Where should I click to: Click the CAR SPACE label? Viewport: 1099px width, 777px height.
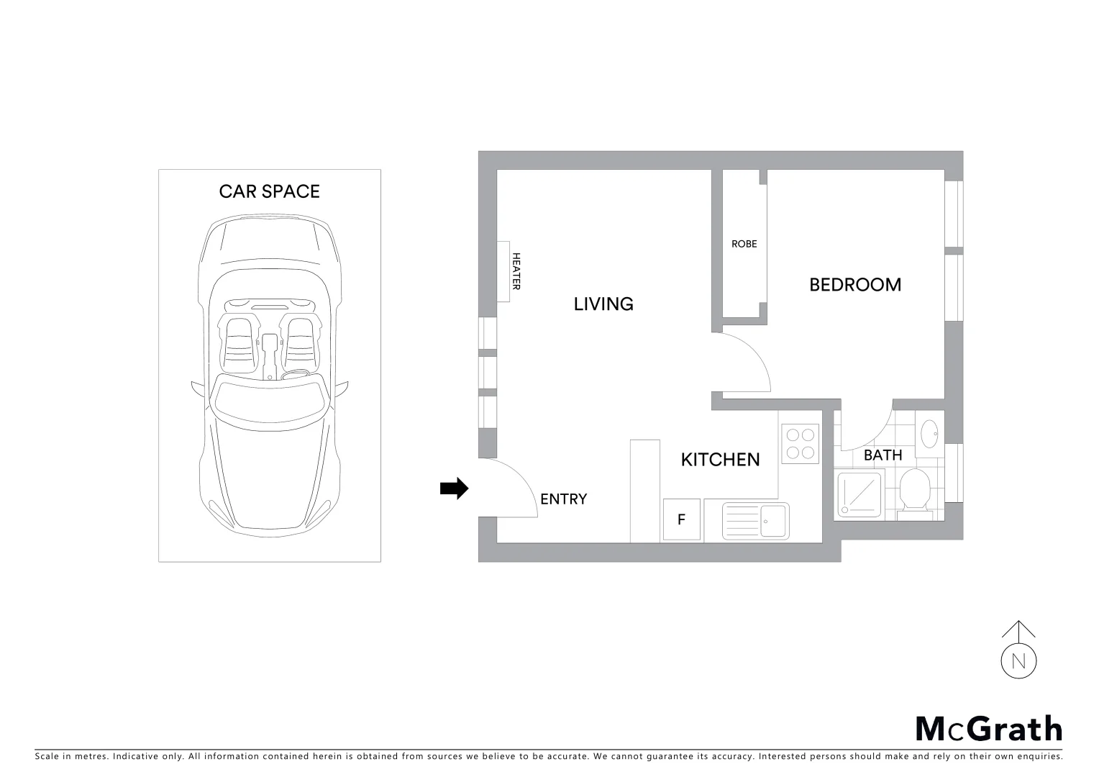pyautogui.click(x=269, y=191)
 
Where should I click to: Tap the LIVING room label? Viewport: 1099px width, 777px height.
pyautogui.click(x=603, y=304)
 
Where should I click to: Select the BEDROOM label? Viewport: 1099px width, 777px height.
pyautogui.click(x=854, y=285)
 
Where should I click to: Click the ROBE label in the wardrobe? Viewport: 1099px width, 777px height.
pyautogui.click(x=744, y=244)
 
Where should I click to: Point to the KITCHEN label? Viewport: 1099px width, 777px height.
pyautogui.click(x=720, y=460)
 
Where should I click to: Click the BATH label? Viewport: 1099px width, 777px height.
pyautogui.click(x=883, y=455)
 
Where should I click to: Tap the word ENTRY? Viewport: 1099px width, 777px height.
pyautogui.click(x=563, y=499)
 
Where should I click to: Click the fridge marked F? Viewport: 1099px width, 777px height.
pyautogui.click(x=681, y=519)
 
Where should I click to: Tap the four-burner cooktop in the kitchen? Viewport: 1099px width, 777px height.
pyautogui.click(x=800, y=443)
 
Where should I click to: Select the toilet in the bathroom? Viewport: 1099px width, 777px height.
pyautogui.click(x=915, y=491)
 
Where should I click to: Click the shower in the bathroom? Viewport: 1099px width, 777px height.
pyautogui.click(x=859, y=494)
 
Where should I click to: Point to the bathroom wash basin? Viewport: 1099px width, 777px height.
pyautogui.click(x=930, y=433)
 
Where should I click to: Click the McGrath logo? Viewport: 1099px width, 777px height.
pyautogui.click(x=988, y=729)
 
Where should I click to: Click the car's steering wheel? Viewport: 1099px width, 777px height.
pyautogui.click(x=295, y=376)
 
